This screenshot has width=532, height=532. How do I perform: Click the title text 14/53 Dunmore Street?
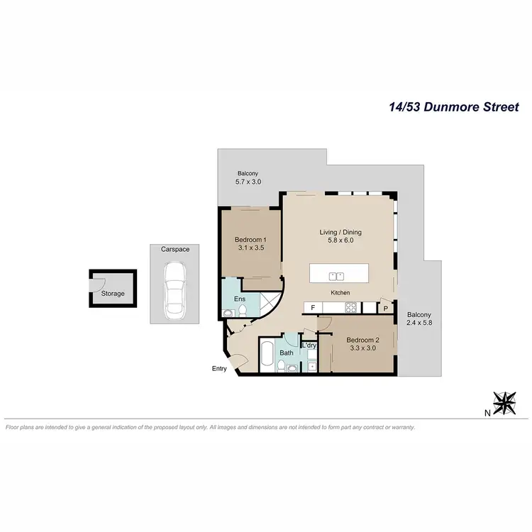(x=454, y=108)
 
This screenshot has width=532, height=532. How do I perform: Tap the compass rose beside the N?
(x=505, y=403)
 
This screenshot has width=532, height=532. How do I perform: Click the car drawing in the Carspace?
(x=174, y=289)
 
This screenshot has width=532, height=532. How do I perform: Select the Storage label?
(x=112, y=294)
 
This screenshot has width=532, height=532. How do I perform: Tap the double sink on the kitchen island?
(x=337, y=275)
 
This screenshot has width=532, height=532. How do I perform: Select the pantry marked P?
(x=386, y=309)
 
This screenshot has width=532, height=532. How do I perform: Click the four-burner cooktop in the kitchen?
(x=350, y=308)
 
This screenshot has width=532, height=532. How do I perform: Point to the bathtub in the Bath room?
(x=268, y=353)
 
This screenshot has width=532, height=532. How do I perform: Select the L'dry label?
(x=309, y=345)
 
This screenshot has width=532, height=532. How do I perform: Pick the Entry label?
(x=219, y=368)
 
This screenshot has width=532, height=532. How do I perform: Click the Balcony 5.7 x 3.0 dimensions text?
(x=248, y=182)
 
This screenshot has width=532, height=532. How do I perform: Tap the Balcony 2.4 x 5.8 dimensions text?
(x=419, y=323)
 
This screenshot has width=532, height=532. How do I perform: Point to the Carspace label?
(x=174, y=250)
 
